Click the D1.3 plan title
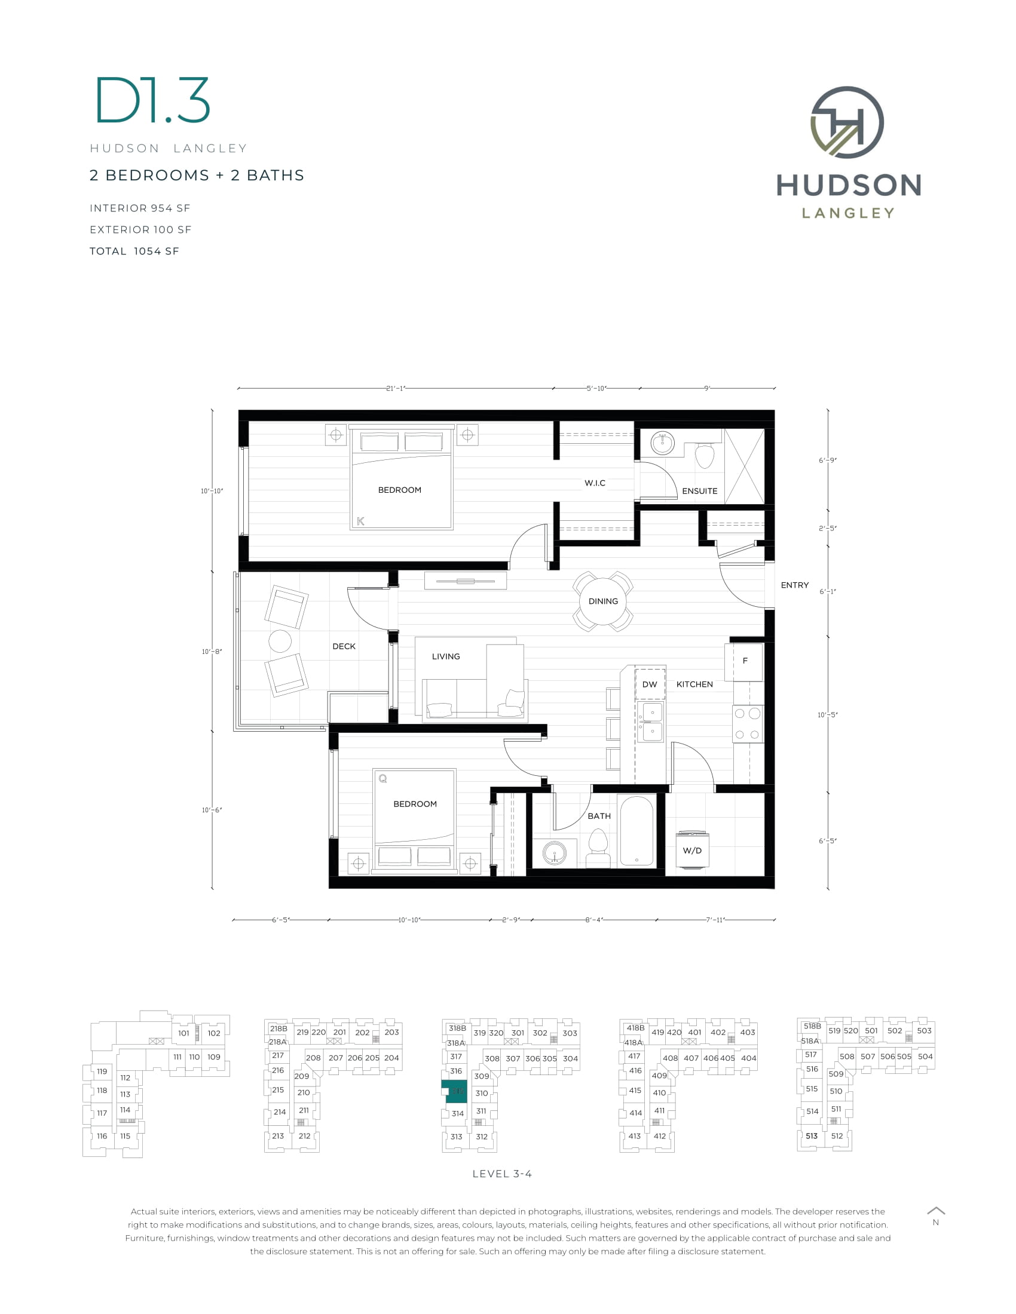click(x=153, y=100)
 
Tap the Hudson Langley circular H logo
click(x=847, y=122)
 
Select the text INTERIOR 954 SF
click(x=140, y=208)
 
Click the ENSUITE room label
click(x=699, y=491)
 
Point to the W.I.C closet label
click(x=595, y=483)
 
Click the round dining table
click(x=602, y=601)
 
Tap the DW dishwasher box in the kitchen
click(x=650, y=684)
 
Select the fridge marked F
click(x=745, y=661)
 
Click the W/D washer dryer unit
click(x=692, y=850)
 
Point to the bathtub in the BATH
click(x=636, y=831)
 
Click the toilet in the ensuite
click(x=705, y=455)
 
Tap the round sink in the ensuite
click(x=663, y=444)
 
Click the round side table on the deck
click(x=280, y=641)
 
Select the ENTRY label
click(x=794, y=585)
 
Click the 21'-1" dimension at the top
click(x=396, y=389)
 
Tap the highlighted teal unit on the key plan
click(x=456, y=1091)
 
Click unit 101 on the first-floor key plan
click(x=183, y=1033)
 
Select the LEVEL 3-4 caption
click(x=502, y=1174)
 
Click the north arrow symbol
click(x=936, y=1211)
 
